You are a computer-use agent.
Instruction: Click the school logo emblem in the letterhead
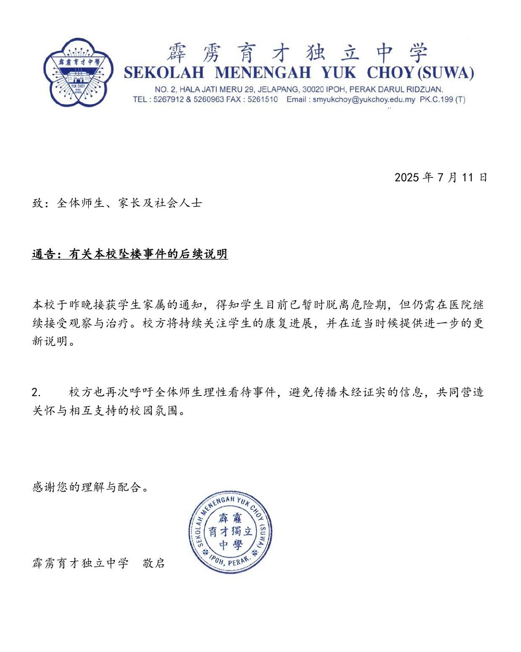(x=79, y=72)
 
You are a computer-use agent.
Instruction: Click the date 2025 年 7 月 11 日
(x=441, y=177)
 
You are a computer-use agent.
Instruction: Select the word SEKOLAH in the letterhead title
(x=164, y=73)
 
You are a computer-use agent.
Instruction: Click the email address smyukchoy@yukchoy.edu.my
(x=363, y=100)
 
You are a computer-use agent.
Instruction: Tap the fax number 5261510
(x=263, y=100)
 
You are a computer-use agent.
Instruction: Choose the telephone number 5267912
(x=168, y=100)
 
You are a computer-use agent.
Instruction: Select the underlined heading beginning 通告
(x=130, y=254)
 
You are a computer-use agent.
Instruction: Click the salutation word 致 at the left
(x=38, y=203)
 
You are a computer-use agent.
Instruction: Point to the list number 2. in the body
(x=36, y=393)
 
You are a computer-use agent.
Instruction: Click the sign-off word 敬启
(x=154, y=563)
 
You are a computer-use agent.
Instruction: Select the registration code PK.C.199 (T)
(x=442, y=100)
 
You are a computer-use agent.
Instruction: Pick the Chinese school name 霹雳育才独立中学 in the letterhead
(x=297, y=53)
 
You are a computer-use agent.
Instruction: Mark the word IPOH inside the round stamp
(x=217, y=559)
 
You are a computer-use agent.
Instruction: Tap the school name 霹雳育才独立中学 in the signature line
(x=81, y=563)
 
